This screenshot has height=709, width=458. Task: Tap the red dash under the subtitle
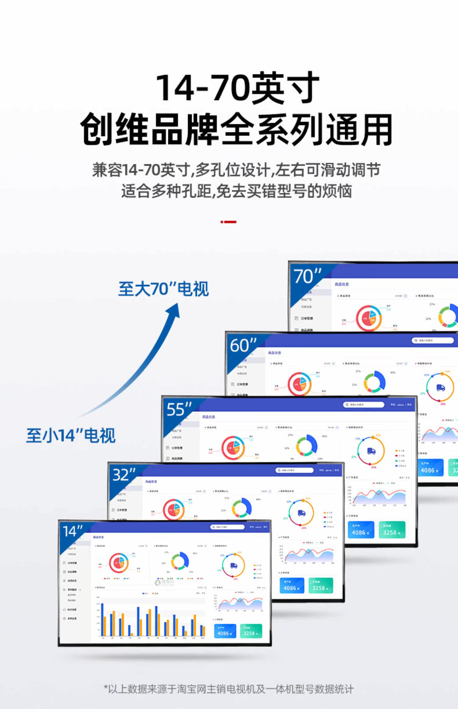pos(228,222)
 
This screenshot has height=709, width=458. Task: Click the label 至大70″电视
pos(163,289)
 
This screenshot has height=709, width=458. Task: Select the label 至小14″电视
pos(71,435)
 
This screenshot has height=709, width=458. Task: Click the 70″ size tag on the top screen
pos(307,276)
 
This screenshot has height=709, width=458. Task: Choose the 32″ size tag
pos(124,474)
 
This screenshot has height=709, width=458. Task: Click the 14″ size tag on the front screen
pos(73,531)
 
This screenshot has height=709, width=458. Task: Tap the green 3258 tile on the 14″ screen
pos(251,631)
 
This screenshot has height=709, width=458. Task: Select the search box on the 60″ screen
pos(433,340)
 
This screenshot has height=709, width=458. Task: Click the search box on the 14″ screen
pos(227,527)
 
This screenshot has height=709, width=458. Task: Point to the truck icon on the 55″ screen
pos(371,451)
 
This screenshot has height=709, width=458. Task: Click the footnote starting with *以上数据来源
pos(229,689)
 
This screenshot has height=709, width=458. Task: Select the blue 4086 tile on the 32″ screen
pos(292,585)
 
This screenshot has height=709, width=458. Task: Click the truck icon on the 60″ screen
pos(440,387)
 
